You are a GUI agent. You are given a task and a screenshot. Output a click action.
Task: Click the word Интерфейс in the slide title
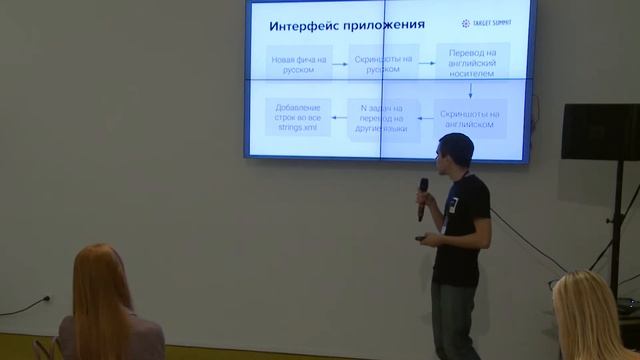306,24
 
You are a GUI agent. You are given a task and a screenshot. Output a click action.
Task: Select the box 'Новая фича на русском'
298,64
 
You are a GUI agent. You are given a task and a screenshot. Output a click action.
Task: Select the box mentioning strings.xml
298,119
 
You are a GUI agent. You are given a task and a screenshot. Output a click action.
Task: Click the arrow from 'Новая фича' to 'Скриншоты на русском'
338,64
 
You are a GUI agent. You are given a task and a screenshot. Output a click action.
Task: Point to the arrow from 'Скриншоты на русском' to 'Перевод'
424,64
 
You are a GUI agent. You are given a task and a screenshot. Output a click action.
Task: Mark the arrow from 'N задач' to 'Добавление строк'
338,119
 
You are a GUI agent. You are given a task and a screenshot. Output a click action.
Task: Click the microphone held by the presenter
423,194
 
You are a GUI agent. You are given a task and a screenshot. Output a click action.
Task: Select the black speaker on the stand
599,131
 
